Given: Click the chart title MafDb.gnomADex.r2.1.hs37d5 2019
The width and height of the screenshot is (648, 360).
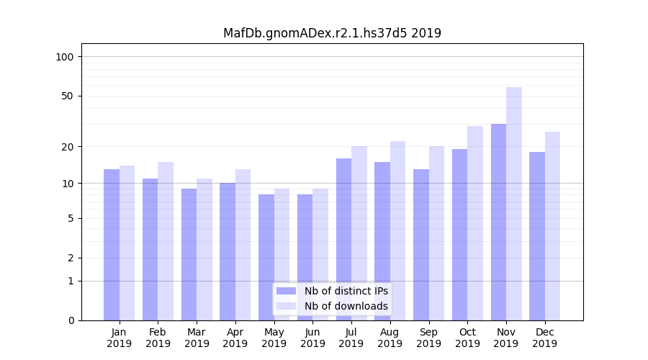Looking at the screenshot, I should coord(332,33).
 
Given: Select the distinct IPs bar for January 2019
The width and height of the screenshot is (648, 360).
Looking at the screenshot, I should coord(112,245).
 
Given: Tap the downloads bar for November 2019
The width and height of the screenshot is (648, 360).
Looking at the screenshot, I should coord(514,204).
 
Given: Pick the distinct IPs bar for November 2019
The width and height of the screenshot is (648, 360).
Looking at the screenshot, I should coord(498,222).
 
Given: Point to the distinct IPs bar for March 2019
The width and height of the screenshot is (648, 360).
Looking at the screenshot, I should coord(189,254).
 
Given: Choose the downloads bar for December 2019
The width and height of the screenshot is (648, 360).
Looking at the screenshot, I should coord(552,226).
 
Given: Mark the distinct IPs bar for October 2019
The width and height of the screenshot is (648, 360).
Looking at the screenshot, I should coord(460,235).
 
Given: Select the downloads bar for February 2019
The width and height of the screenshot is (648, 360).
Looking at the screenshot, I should coord(166,241).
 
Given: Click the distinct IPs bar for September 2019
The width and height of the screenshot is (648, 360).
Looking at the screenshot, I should coord(421,245).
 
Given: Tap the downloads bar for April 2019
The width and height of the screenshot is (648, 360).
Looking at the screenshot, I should coord(243,245).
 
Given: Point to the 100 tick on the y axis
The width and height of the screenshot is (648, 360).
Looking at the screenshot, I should coord(65,57).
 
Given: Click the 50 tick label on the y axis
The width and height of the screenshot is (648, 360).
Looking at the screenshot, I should coord(68,96).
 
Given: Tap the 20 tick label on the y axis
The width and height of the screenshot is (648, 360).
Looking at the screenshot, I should coord(68,147).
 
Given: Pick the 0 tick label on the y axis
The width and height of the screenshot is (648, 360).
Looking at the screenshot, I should coord(71,320).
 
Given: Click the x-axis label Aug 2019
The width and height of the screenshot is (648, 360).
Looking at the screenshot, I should coord(390,338).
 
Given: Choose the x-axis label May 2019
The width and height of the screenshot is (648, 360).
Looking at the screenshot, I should coord(274,338).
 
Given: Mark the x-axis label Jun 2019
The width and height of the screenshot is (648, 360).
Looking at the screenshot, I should coord(312,338).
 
